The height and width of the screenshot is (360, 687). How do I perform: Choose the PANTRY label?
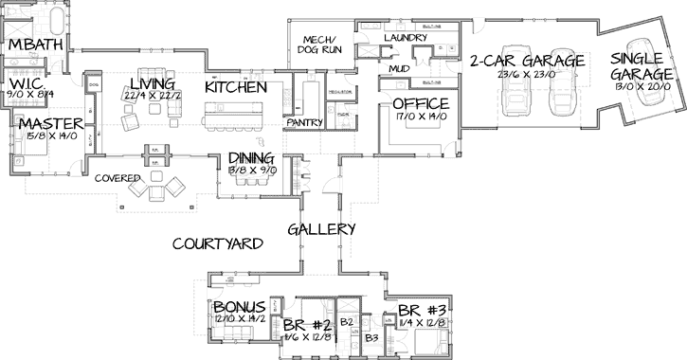304,123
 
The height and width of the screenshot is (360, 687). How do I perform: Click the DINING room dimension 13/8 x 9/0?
250,171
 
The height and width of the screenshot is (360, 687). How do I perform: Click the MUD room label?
398,69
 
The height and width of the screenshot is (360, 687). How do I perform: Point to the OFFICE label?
419,103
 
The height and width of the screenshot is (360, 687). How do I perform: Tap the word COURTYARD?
217,243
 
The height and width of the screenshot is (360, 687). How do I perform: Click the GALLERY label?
321,229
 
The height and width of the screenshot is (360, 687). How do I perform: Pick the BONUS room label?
238,308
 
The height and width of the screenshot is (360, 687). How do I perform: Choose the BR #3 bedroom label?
422,310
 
